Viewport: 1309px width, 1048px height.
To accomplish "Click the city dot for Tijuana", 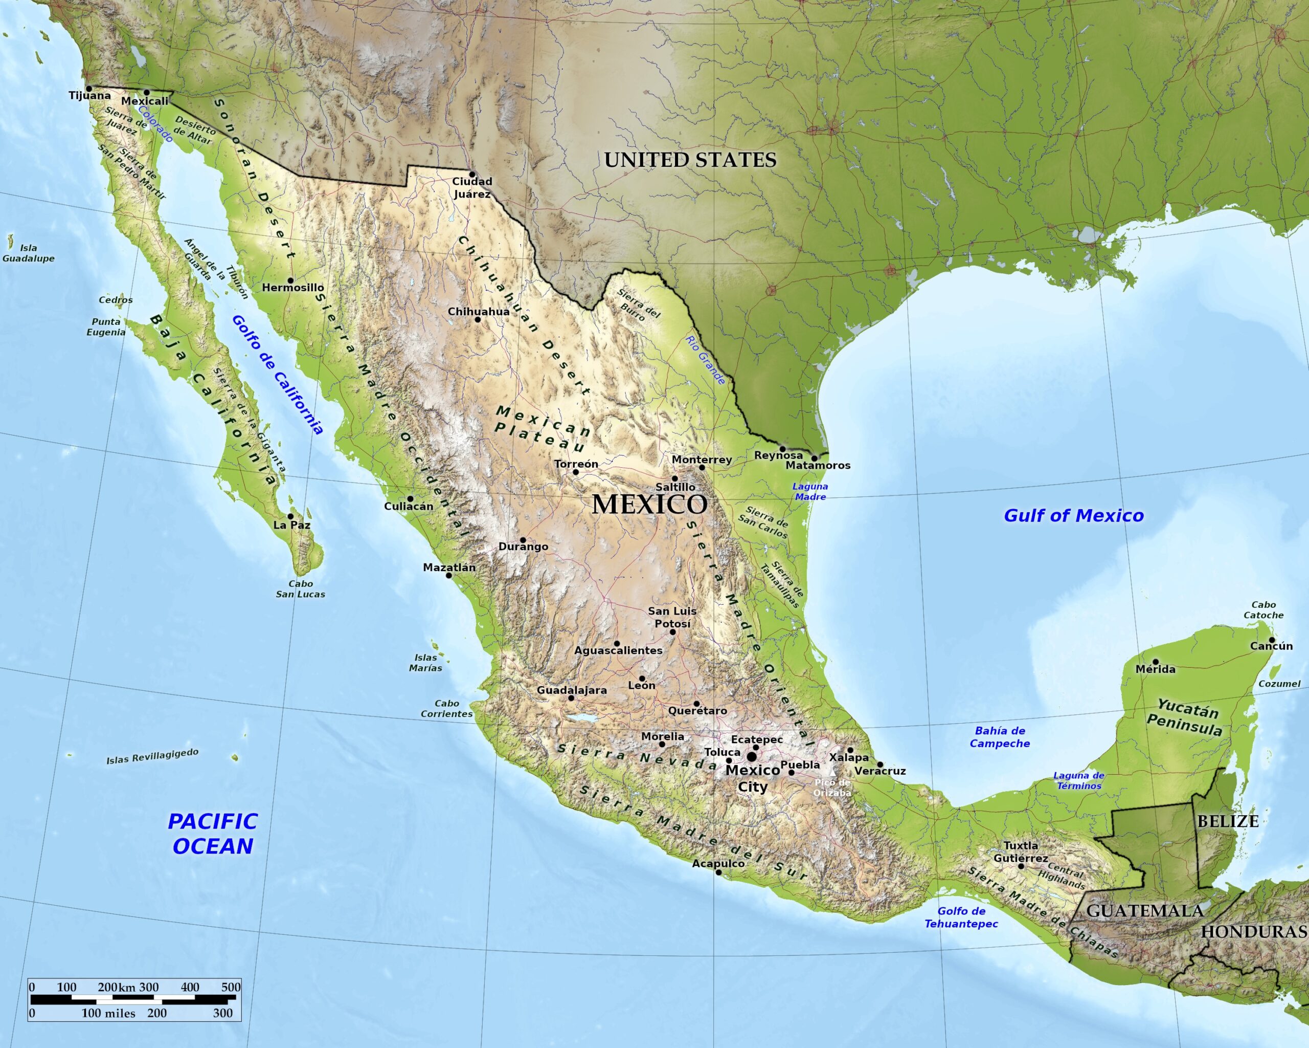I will pyautogui.click(x=88, y=88).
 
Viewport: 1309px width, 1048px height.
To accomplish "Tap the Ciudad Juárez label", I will pyautogui.click(x=472, y=188).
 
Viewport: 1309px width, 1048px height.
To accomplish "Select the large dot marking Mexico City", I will pyautogui.click(x=752, y=756).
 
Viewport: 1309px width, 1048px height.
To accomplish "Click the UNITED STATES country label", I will pyautogui.click(x=690, y=160).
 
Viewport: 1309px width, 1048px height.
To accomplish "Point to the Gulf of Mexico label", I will pyautogui.click(x=1073, y=516).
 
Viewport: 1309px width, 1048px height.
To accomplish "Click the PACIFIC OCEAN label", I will pyautogui.click(x=213, y=834).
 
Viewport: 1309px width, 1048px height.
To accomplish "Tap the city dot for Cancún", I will pyautogui.click(x=1271, y=640).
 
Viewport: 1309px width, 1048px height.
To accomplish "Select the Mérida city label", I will pyautogui.click(x=1156, y=669).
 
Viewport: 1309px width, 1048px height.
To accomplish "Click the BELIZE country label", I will pyautogui.click(x=1228, y=821).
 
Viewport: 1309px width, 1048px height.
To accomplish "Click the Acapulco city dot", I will pyautogui.click(x=718, y=872).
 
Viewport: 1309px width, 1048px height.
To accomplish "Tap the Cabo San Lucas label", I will pyautogui.click(x=301, y=588).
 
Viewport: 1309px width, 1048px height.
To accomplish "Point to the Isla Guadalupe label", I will pyautogui.click(x=29, y=253).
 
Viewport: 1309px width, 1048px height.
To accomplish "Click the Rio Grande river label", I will pyautogui.click(x=706, y=360).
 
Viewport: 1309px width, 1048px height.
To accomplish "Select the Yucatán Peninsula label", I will pyautogui.click(x=1184, y=717).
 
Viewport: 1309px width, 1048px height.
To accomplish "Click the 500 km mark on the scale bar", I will pyautogui.click(x=231, y=987).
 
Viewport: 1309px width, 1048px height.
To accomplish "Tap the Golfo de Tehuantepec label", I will pyautogui.click(x=961, y=918).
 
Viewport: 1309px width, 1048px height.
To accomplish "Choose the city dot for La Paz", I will pyautogui.click(x=290, y=516).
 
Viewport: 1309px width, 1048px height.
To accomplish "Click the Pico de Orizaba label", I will pyautogui.click(x=832, y=788).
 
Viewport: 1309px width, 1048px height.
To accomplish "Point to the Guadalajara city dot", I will pyautogui.click(x=571, y=698).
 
